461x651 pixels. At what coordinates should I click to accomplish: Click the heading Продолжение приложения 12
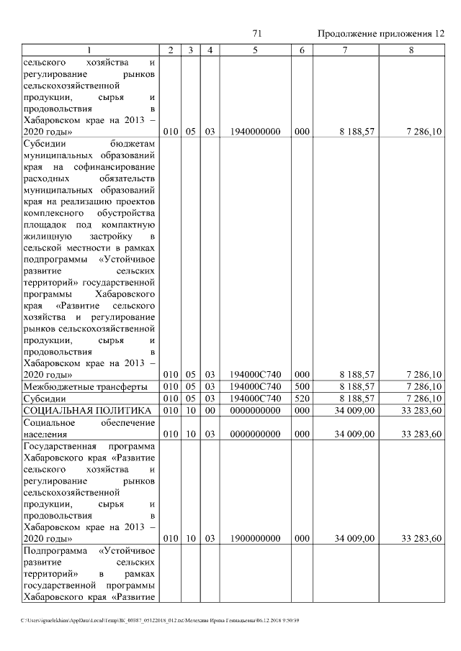click(381, 34)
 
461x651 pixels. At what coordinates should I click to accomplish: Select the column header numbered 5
click(255, 50)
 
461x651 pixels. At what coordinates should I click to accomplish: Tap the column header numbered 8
click(411, 50)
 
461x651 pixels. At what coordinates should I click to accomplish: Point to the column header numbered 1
click(89, 50)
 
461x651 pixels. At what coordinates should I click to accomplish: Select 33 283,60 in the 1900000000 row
click(421, 537)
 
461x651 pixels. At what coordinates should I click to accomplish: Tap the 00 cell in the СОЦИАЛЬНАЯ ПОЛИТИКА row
click(210, 410)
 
